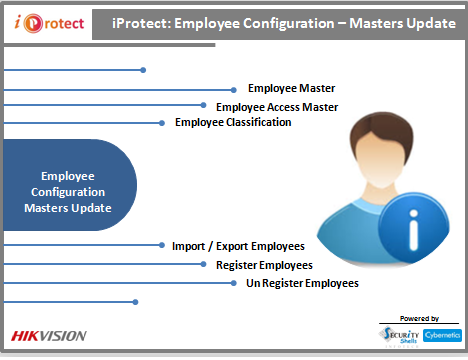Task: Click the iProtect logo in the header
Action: [46, 21]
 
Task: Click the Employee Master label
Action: [290, 89]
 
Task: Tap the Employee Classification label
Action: [233, 122]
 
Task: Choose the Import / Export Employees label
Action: [238, 245]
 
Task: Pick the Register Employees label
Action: [264, 265]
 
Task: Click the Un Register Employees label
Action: [302, 283]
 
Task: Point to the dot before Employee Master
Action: [237, 89]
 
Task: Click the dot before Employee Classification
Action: [164, 123]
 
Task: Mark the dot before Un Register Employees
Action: [235, 283]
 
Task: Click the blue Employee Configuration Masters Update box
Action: [68, 185]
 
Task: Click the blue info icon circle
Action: [413, 226]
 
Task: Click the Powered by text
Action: [418, 317]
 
